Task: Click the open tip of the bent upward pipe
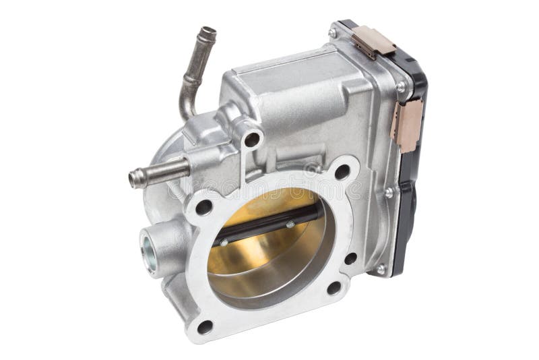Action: [208, 32]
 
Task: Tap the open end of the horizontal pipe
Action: [133, 179]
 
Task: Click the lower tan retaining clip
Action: [406, 121]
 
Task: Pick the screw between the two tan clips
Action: [402, 87]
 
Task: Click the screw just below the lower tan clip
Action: [389, 192]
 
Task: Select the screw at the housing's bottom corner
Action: [381, 269]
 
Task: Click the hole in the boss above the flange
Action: [251, 140]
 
